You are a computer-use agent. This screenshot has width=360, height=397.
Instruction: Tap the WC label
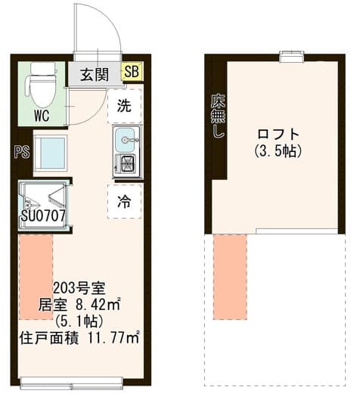click(42, 116)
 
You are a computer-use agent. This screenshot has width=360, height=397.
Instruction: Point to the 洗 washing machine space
click(125, 106)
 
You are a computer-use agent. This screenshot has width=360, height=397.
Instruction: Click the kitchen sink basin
click(125, 138)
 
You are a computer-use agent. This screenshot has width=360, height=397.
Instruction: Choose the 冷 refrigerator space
click(125, 201)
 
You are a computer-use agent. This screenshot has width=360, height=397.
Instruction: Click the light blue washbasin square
click(51, 153)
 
